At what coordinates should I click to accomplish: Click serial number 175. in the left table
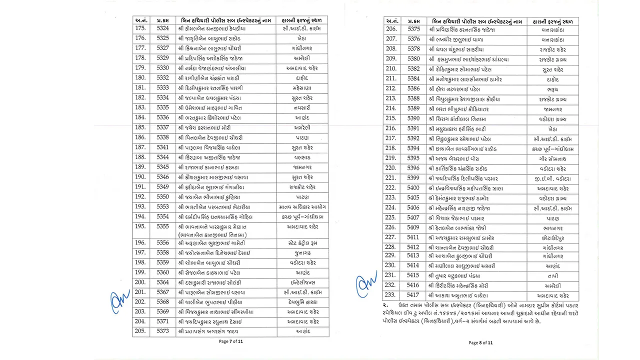coord(140,28)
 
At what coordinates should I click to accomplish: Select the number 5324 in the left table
coord(162,28)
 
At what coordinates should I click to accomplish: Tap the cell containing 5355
coord(162,226)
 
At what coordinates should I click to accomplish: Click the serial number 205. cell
coord(140,331)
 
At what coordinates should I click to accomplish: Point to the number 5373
coord(162,331)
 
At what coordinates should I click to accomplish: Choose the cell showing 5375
coord(413,29)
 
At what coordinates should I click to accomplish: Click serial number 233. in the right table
coord(391,295)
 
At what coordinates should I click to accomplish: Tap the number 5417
coord(413,295)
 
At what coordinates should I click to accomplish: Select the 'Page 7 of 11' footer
coord(230,341)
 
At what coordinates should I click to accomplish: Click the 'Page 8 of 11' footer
coord(480,342)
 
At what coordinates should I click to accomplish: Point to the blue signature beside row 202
coord(119,301)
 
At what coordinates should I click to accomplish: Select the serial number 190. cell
coord(140,177)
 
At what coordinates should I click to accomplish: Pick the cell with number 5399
coord(413,178)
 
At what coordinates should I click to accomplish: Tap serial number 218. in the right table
coord(391,148)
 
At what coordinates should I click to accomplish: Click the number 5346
coord(162,177)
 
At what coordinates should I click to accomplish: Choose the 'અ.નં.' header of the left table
coord(140,20)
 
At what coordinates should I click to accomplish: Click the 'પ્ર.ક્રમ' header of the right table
coord(413,21)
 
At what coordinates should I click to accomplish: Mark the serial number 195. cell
coord(140,226)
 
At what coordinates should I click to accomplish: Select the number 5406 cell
coord(413,208)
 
